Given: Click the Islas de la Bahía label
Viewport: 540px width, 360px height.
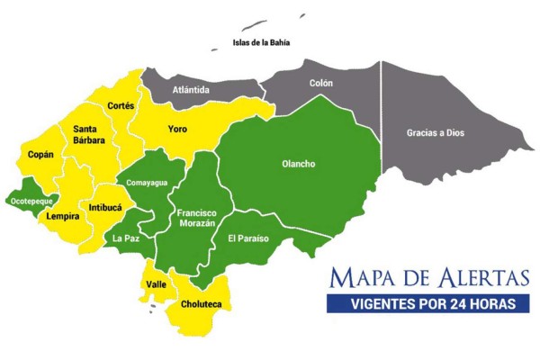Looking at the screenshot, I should click(x=261, y=42).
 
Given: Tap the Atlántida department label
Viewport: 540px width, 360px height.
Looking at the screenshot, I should click(x=191, y=90).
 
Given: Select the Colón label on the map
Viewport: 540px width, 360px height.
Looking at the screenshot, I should click(x=320, y=83).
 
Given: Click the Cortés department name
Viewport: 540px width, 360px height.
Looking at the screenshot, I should click(x=121, y=105).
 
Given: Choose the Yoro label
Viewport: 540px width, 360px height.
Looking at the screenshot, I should click(x=177, y=130).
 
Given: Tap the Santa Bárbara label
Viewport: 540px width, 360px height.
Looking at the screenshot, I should click(x=90, y=134).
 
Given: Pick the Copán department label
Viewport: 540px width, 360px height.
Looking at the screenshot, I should click(x=40, y=154).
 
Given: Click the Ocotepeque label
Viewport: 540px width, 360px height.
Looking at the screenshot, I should click(x=31, y=202).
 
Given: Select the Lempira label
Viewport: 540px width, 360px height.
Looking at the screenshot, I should click(x=62, y=216).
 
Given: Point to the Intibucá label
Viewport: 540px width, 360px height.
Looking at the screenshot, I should click(x=104, y=207).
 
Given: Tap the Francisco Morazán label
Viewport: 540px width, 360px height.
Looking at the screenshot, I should click(x=196, y=218).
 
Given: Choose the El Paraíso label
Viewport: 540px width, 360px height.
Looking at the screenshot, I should click(x=248, y=238).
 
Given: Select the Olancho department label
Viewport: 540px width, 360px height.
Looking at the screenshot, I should click(x=299, y=164).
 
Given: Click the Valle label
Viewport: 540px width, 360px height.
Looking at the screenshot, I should click(x=156, y=284).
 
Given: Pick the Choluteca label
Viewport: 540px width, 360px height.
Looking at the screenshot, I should click(x=202, y=304).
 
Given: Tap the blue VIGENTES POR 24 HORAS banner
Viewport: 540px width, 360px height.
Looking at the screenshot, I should click(x=427, y=303).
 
